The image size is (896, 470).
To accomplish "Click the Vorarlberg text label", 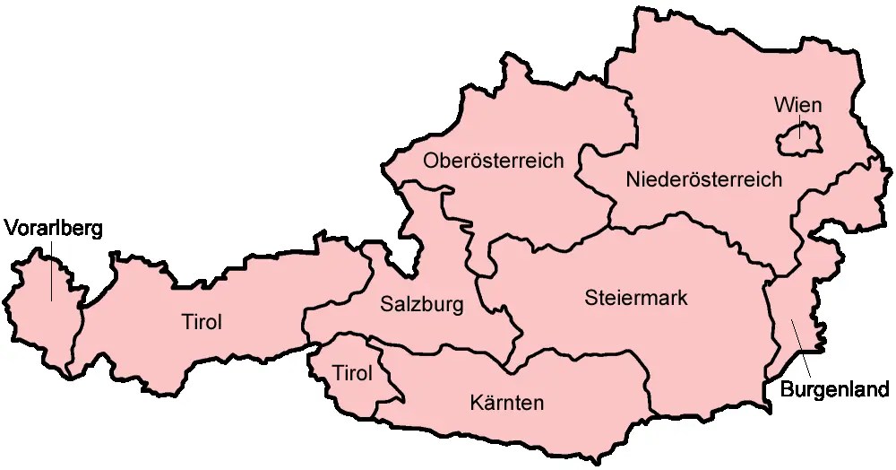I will coord(54,228).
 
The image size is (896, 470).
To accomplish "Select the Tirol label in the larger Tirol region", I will coord(202,321).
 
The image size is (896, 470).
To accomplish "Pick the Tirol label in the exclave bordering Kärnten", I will coord(351,373).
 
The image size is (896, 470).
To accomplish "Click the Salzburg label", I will coord(422,305).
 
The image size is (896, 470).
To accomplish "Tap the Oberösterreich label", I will coord(494,161).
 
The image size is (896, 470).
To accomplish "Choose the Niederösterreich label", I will coord(703,179).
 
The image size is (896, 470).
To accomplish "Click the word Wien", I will coord(797,106).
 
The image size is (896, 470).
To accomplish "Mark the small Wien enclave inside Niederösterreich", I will coord(799,141).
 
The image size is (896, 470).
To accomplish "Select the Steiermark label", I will coord(635,298).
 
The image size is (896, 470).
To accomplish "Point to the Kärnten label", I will coord(506,403).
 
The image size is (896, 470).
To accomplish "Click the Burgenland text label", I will coord(835,390).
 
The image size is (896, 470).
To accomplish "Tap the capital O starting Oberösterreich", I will coord(431,161).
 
